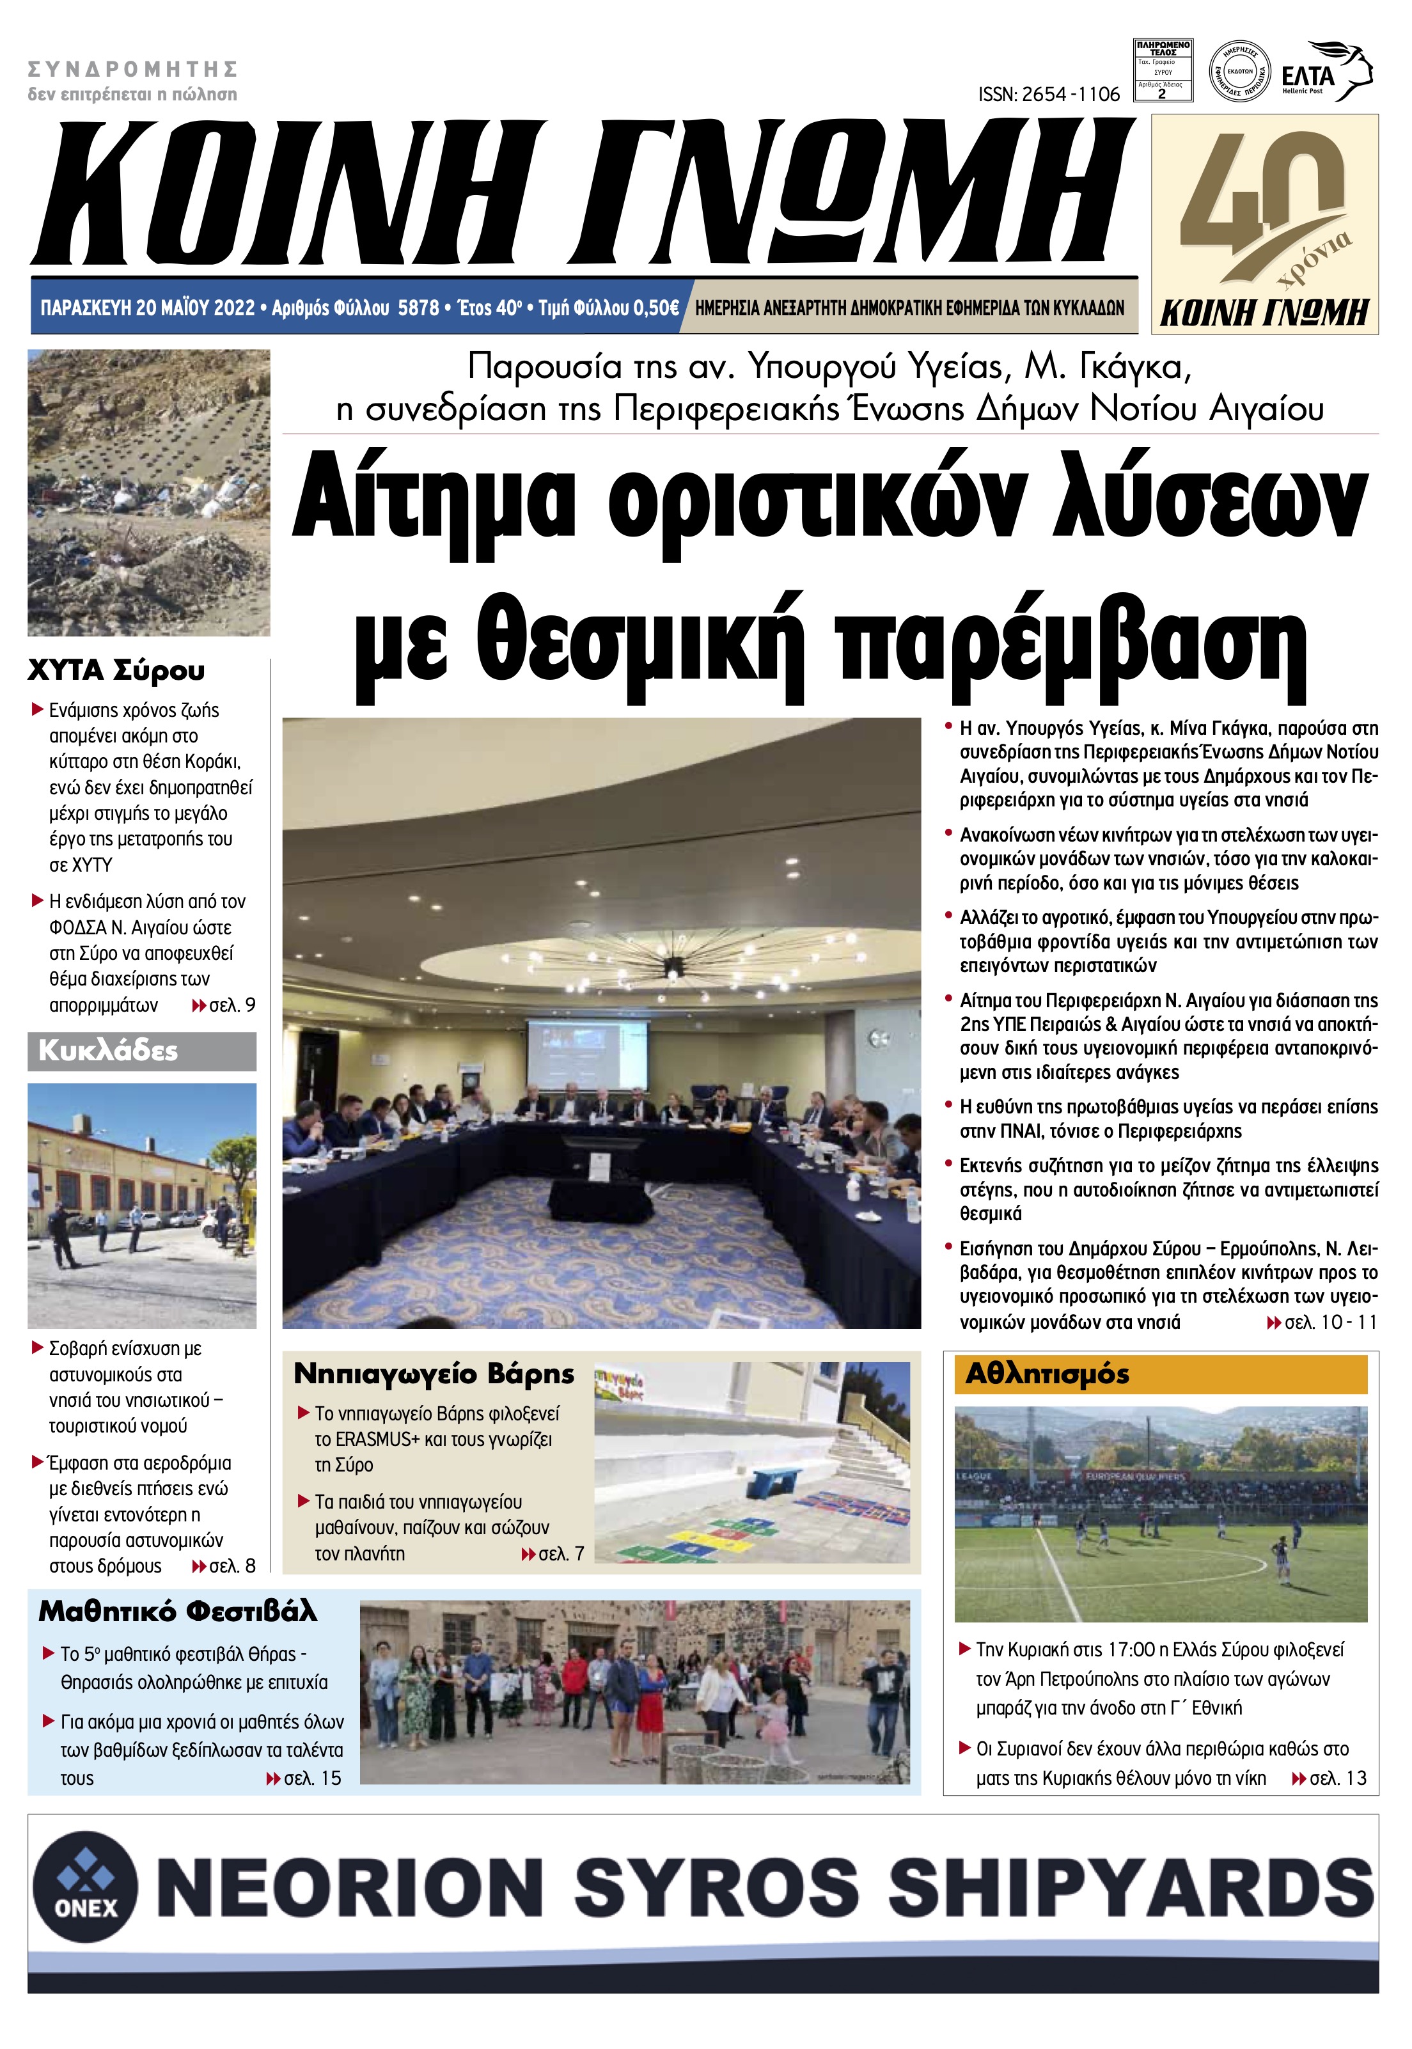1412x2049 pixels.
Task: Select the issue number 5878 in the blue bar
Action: (418, 308)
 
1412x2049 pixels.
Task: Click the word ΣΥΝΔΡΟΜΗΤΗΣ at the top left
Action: (133, 68)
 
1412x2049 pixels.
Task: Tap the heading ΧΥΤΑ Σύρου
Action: (116, 671)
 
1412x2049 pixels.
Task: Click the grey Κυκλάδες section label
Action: (108, 1051)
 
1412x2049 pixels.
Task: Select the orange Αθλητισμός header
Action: (1047, 1374)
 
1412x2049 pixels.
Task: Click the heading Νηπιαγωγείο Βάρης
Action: (434, 1374)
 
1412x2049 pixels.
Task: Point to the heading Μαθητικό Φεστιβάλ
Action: (177, 1611)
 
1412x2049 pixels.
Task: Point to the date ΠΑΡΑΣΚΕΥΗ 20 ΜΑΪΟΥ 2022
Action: (147, 308)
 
